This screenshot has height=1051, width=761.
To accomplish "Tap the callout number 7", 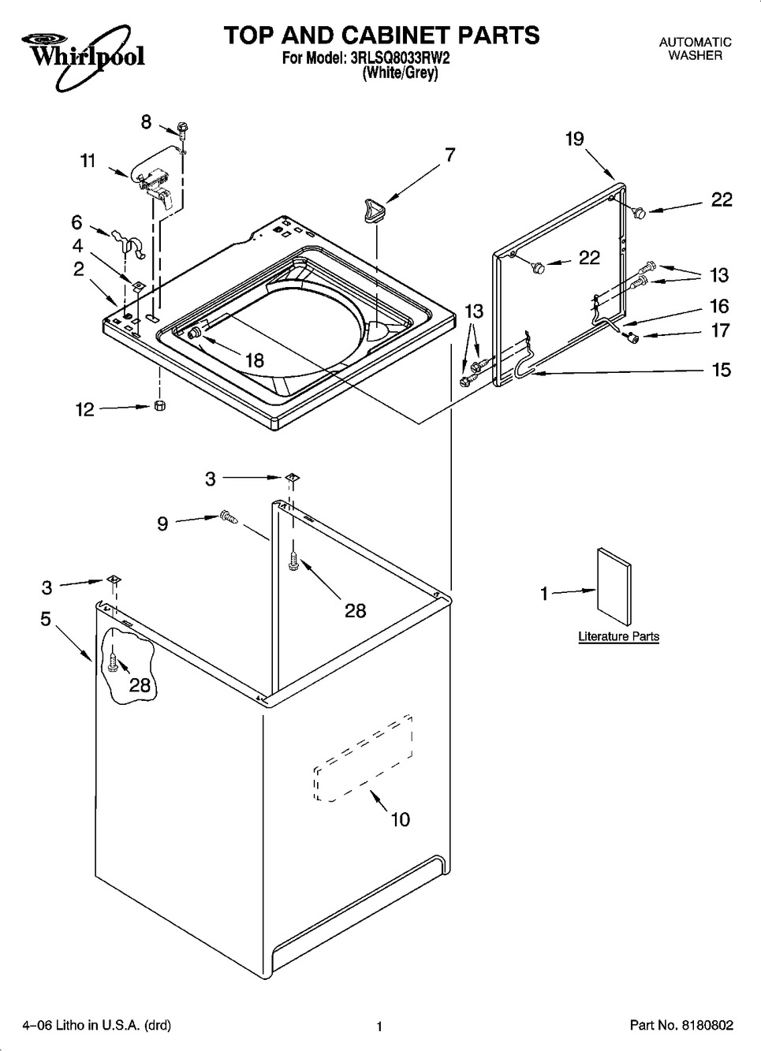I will tap(450, 155).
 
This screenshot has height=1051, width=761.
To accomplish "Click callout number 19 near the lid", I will tap(574, 140).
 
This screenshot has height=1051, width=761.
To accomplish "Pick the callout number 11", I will tap(88, 161).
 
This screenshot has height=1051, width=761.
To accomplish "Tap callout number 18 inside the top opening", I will tap(254, 360).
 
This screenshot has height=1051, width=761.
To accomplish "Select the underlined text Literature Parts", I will tap(618, 636).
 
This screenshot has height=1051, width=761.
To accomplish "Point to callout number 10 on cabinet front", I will tap(400, 819).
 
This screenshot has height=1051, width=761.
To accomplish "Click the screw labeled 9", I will tap(229, 517).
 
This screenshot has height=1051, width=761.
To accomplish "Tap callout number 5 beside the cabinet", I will tap(46, 619).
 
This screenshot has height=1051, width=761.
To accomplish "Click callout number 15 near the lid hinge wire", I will tap(721, 369).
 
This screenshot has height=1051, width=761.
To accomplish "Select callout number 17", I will tap(721, 330).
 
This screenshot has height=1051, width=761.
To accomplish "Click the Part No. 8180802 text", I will tap(681, 1026).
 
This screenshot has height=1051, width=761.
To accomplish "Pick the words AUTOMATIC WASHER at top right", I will tap(695, 49).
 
